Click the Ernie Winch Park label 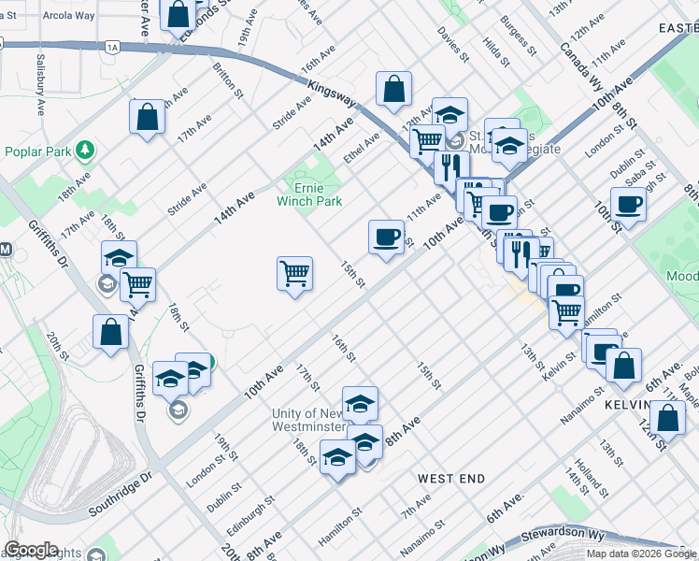[309, 194]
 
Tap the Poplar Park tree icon [85, 150]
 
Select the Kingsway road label [331, 95]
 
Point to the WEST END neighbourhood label [450, 479]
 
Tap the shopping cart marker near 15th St [294, 275]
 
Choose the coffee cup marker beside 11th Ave [386, 237]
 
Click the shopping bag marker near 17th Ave [147, 118]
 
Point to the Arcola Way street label [68, 16]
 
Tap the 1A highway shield [113, 46]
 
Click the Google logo [31, 550]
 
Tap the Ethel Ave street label [362, 147]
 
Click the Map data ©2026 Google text [641, 554]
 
